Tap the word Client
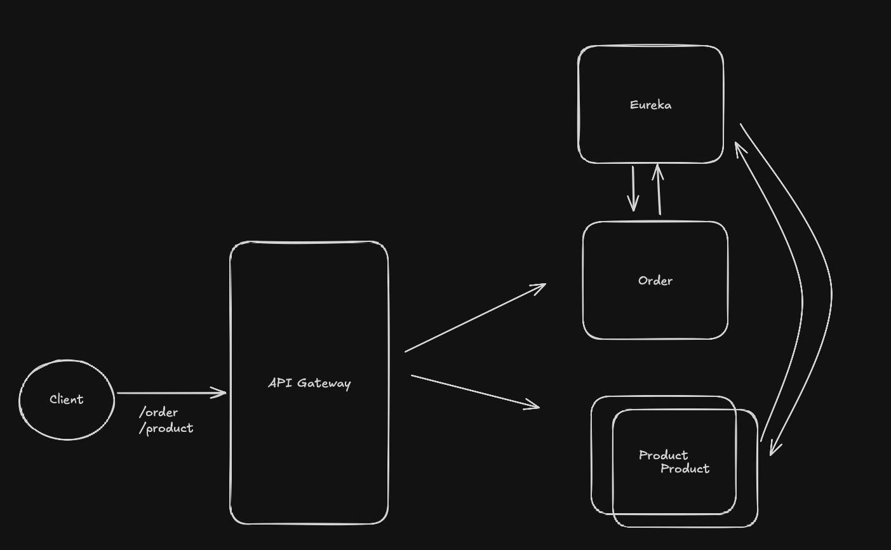pos(67,399)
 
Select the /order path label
pos(159,412)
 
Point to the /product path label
pos(166,428)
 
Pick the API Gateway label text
pos(309,383)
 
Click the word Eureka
pos(650,105)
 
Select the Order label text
pos(655,281)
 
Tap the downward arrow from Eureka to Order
pos(633,188)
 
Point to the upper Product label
pos(663,455)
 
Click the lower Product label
pos(685,469)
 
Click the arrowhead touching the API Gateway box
pos(221,393)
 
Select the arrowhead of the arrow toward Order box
pos(540,287)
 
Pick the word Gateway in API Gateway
pos(324,383)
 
